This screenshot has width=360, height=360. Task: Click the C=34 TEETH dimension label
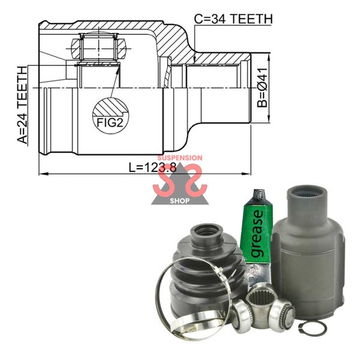233,19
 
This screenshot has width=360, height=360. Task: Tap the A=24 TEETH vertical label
23,105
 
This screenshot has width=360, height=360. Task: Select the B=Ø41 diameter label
262,88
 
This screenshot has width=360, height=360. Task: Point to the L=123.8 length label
152,167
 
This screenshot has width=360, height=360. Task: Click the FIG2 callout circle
110,116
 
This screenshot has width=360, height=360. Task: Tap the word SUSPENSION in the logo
180,158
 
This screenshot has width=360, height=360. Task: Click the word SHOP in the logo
180,201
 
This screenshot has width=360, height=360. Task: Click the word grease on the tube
257,233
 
